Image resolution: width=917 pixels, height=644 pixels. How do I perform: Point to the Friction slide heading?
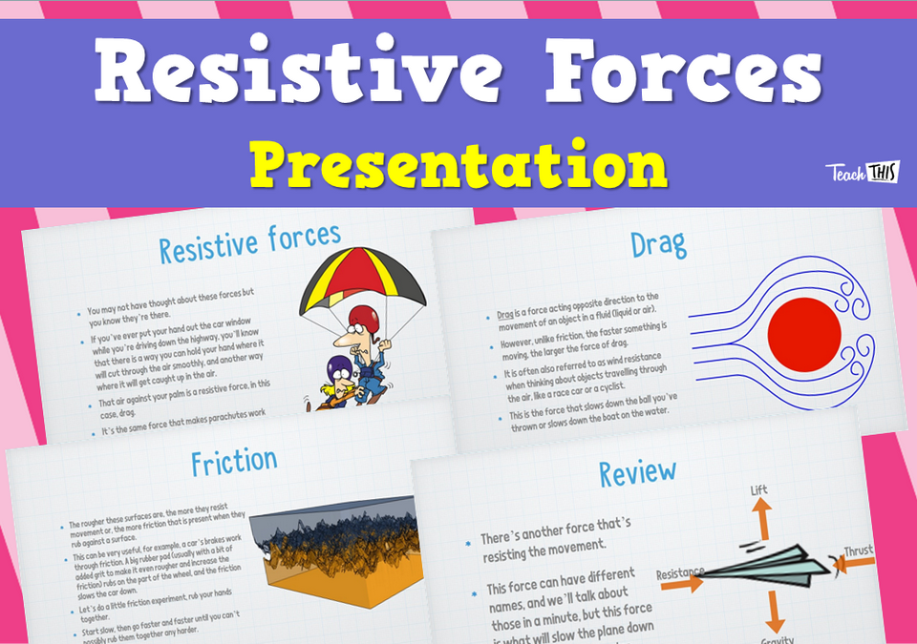tap(234, 462)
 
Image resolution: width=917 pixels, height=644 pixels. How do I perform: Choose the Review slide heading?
tap(637, 470)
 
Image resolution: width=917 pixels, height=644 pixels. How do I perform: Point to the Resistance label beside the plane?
tap(681, 572)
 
